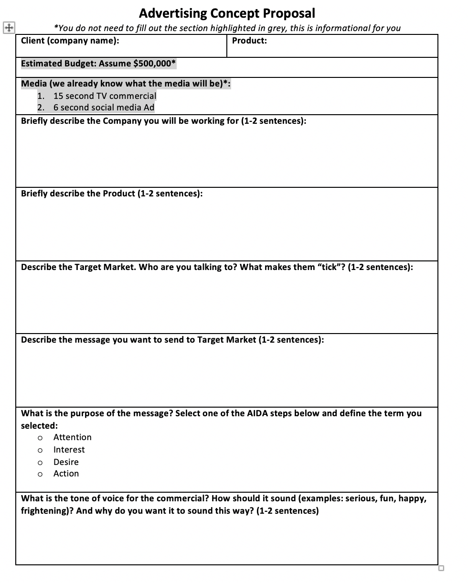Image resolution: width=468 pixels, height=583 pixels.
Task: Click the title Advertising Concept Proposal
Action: tap(227, 13)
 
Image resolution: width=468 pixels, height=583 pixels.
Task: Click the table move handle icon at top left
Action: tap(9, 28)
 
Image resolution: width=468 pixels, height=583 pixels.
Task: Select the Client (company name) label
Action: tap(70, 41)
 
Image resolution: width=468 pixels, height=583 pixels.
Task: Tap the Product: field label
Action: tap(249, 41)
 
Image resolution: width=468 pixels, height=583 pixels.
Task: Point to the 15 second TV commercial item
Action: tap(105, 96)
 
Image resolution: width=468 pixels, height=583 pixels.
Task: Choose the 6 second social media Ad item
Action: tap(104, 108)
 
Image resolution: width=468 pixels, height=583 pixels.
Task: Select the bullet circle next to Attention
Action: tap(40, 438)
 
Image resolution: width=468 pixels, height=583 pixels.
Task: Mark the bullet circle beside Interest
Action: tap(40, 450)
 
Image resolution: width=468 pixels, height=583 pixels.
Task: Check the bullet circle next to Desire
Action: tap(40, 463)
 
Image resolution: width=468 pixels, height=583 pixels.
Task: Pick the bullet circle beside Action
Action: tap(40, 474)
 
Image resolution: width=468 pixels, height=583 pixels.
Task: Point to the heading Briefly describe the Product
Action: tap(112, 194)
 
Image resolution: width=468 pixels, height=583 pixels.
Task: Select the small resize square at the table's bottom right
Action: tap(441, 568)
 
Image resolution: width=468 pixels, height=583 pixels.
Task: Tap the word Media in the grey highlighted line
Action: tap(34, 84)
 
